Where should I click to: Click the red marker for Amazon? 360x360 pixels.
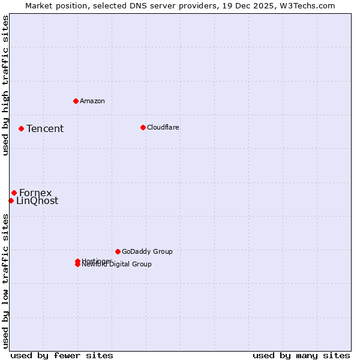pos(76,101)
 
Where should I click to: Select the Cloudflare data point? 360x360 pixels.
pos(143,127)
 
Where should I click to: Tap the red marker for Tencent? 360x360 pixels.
pos(21,128)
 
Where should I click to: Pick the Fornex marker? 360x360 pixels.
pos(14,193)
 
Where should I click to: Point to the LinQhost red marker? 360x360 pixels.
pos(11,200)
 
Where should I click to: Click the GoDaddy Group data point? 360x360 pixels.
pos(118,251)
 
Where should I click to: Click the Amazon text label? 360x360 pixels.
pos(92,101)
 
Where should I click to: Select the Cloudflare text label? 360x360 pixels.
pos(163,127)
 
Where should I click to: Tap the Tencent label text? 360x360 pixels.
pos(45,128)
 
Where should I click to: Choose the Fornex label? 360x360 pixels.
pos(35,193)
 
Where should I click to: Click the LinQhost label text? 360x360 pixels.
pos(37,201)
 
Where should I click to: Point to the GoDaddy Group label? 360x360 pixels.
pos(147,251)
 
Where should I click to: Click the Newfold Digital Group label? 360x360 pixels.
pos(118,265)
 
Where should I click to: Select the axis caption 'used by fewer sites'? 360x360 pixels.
pos(62,355)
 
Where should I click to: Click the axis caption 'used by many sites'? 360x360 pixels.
pos(301,355)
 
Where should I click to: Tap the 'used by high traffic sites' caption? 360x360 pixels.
pos(6,85)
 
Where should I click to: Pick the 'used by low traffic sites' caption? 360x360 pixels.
pos(6,281)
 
